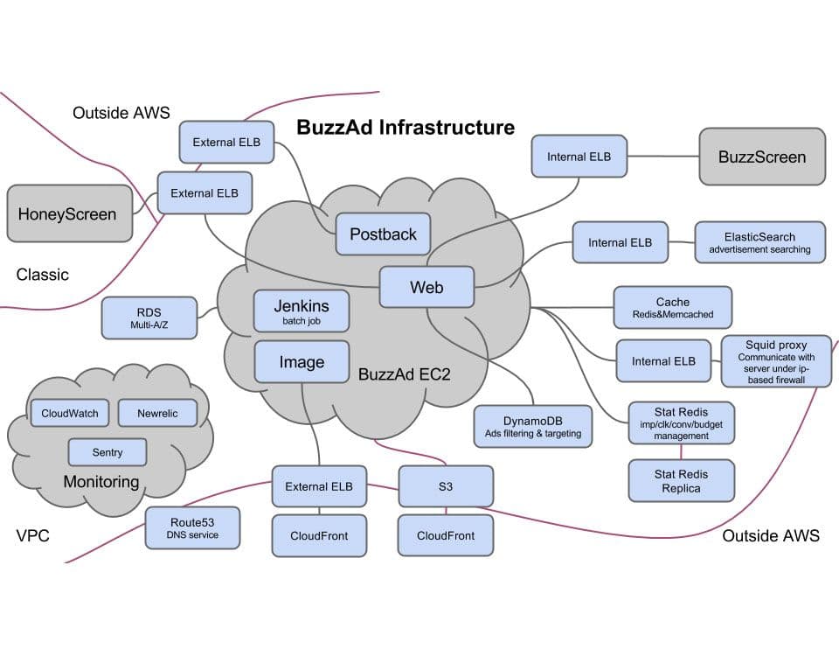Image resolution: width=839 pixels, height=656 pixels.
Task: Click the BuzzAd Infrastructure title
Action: tap(406, 128)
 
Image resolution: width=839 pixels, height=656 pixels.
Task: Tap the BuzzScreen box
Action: tap(761, 157)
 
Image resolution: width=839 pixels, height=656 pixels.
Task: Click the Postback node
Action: tap(383, 234)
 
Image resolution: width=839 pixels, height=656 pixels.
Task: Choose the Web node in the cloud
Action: tap(426, 287)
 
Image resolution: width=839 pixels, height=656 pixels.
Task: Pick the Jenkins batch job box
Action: tap(302, 311)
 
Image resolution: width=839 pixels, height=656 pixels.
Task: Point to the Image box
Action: tap(302, 362)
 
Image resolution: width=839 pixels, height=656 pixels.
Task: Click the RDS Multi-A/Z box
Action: tap(149, 318)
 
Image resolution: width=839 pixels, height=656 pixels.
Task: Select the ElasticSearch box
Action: tap(759, 242)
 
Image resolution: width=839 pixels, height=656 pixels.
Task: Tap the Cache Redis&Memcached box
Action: tap(672, 308)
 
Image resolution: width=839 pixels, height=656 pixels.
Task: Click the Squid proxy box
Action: tap(776, 360)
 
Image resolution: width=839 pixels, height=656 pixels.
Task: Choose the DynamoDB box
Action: tap(532, 426)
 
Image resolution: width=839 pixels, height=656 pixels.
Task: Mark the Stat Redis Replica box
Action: tap(681, 480)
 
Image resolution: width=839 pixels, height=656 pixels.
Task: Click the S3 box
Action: tap(446, 486)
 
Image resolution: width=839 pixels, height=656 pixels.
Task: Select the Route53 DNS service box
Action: tap(192, 527)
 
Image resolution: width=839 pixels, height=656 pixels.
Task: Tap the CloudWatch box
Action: tap(70, 414)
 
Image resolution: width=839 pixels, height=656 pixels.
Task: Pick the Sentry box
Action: tap(107, 452)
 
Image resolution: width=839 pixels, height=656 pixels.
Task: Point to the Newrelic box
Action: tap(157, 414)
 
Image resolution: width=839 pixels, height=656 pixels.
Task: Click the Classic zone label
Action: tap(42, 275)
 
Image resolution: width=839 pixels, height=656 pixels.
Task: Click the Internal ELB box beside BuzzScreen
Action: tap(579, 157)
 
